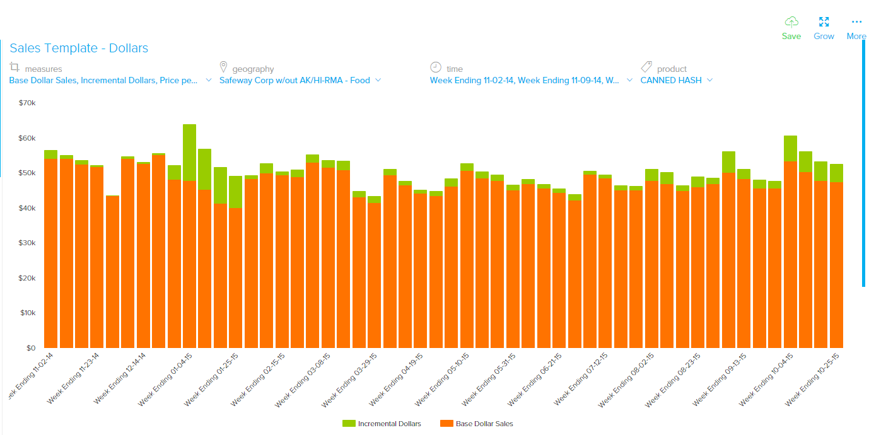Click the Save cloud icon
coord(791,22)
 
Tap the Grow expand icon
coord(824,22)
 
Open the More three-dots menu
coord(856,22)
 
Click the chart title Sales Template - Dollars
coord(79,49)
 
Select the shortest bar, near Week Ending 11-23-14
coord(112,271)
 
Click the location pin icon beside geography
coord(223,67)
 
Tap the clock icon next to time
coord(436,67)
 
